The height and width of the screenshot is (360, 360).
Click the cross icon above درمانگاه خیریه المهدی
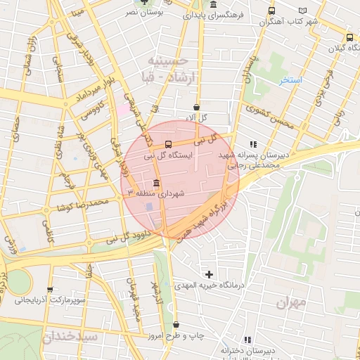208,274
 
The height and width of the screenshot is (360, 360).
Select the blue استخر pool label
290,80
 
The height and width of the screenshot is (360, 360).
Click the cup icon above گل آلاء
195,107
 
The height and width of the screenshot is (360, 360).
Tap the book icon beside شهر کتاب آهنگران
303,11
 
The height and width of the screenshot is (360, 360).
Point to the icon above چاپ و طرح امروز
175,325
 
